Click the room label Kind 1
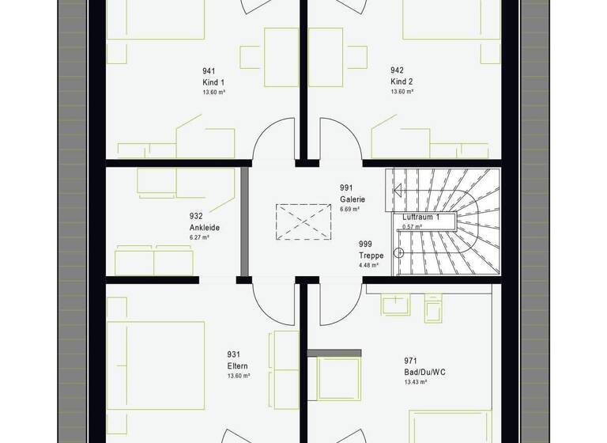[x=213, y=81]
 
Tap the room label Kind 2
[x=402, y=81]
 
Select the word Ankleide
[x=204, y=227]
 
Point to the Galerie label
[x=353, y=199]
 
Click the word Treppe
[x=370, y=256]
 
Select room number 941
[x=209, y=71]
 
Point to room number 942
[x=397, y=71]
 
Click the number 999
[x=364, y=244]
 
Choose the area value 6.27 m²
[x=200, y=237]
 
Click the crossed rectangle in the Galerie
[x=303, y=221]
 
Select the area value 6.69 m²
[x=349, y=210]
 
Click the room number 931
[x=233, y=355]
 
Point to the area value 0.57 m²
[x=413, y=226]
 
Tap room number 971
[x=409, y=360]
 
